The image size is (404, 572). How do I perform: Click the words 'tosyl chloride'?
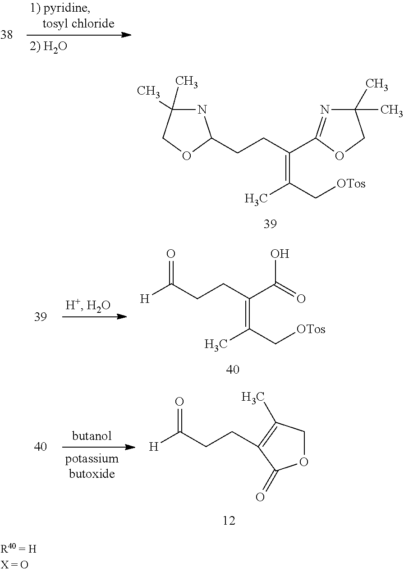click(78, 24)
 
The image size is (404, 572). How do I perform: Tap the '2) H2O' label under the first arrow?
click(49, 47)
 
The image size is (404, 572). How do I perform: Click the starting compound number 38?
click(7, 34)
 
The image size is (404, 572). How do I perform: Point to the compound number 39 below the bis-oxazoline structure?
click(270, 224)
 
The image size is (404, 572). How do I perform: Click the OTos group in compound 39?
click(351, 183)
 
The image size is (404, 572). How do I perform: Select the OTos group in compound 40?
click(311, 329)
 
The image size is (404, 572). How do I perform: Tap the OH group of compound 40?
click(280, 254)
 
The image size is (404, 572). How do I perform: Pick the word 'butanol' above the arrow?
click(92, 436)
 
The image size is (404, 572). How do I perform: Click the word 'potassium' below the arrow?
click(92, 458)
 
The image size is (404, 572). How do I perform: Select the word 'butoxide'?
click(92, 474)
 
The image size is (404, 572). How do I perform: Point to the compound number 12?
click(229, 521)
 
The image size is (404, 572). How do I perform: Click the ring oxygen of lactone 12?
click(303, 462)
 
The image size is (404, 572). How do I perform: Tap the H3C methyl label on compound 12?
click(253, 398)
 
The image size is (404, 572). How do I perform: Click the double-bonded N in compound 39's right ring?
click(325, 110)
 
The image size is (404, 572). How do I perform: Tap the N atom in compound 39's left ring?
click(202, 110)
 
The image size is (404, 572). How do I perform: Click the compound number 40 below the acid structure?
click(233, 369)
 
